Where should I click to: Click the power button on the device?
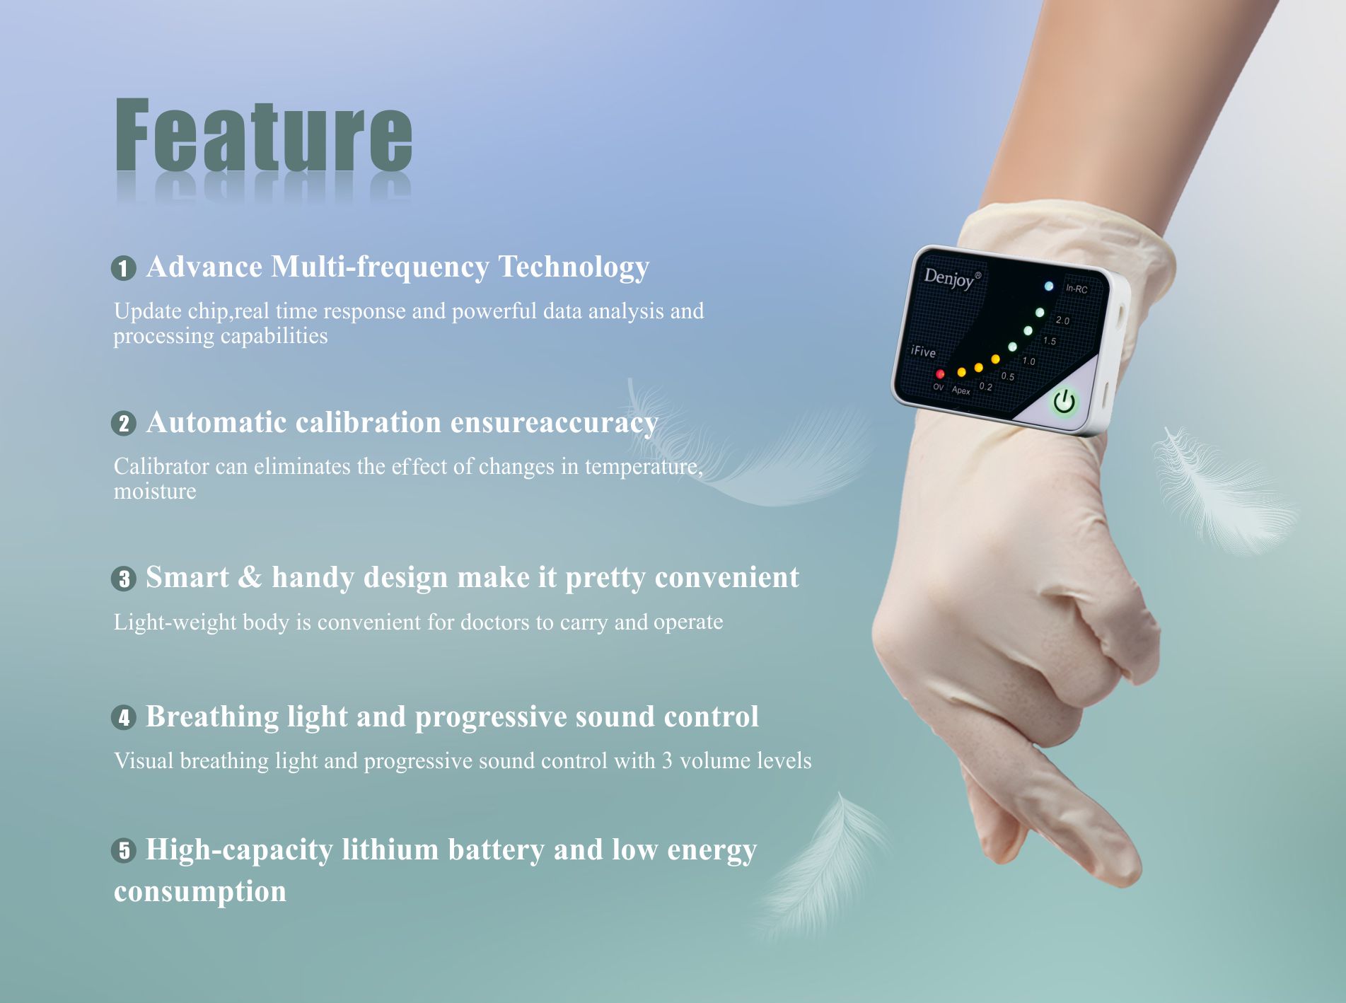(x=1064, y=402)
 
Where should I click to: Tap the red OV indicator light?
(x=940, y=374)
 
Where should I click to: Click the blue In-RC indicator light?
(x=1049, y=286)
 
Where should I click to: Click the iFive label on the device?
(x=923, y=351)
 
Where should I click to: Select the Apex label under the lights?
(x=961, y=390)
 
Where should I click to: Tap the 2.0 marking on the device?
(x=1062, y=320)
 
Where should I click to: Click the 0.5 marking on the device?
(x=1007, y=376)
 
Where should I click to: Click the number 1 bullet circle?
(x=123, y=269)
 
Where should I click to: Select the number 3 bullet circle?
(x=123, y=579)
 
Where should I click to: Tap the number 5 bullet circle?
(x=123, y=850)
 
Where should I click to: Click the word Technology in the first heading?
(x=574, y=267)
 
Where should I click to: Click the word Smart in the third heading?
(x=187, y=577)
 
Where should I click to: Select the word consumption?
(x=200, y=891)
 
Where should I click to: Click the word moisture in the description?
(x=155, y=491)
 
